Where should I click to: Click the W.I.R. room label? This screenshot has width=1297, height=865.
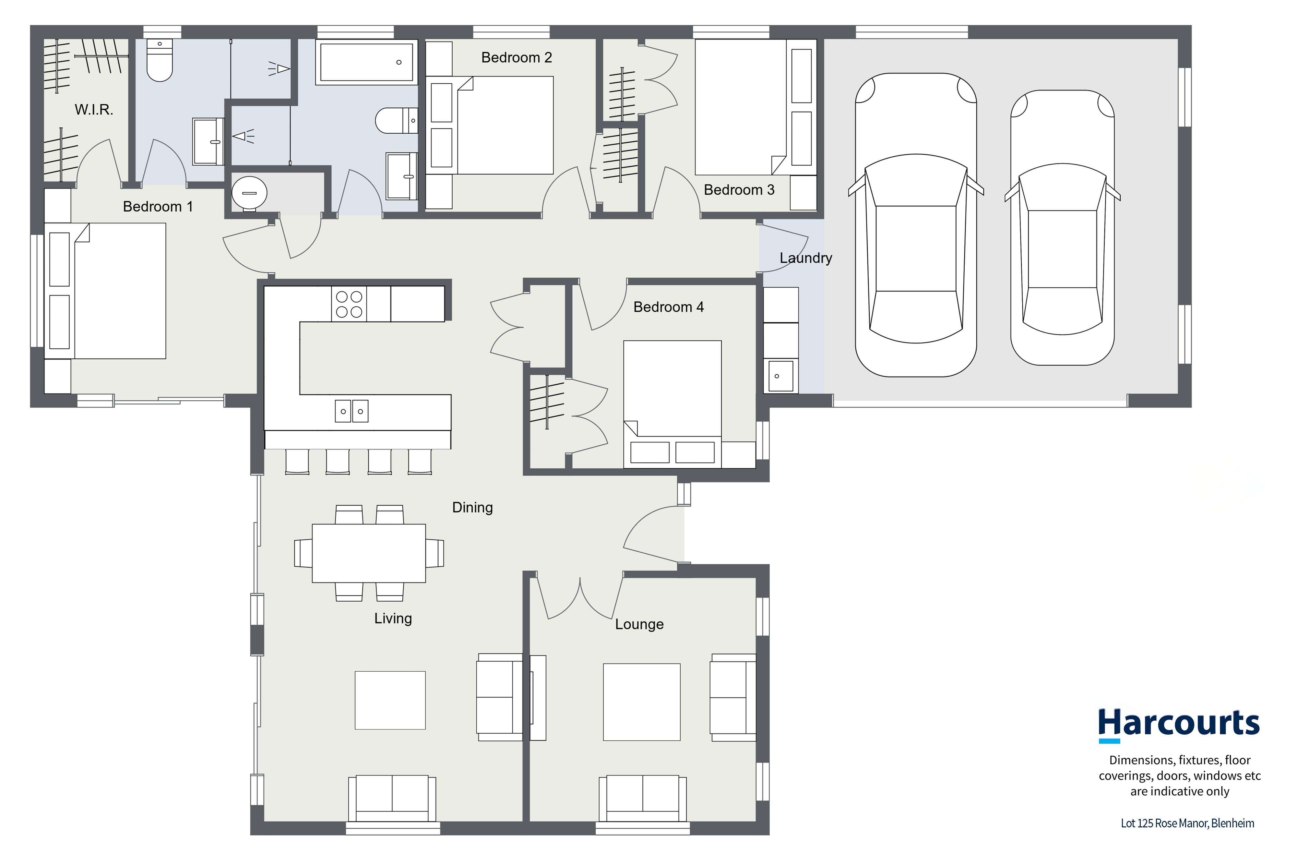[x=94, y=110]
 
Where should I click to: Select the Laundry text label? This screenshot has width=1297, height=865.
[x=806, y=258]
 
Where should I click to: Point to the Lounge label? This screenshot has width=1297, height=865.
[x=639, y=624]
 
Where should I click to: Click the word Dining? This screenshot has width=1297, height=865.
[x=472, y=508]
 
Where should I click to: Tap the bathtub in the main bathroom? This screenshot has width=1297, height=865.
[x=366, y=62]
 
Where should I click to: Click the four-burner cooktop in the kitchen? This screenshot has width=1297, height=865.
[x=349, y=304]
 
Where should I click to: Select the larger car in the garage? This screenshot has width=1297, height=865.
[x=916, y=225]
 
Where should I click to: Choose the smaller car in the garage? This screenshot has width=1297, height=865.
[x=1063, y=228]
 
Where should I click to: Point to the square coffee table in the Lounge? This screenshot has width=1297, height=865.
[x=641, y=702]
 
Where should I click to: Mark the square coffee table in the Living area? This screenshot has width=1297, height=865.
[x=390, y=700]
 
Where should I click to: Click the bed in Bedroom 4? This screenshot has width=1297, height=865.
[x=672, y=404]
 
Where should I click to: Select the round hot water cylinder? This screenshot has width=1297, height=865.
[x=249, y=193]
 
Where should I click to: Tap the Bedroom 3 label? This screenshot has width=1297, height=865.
[x=739, y=190]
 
